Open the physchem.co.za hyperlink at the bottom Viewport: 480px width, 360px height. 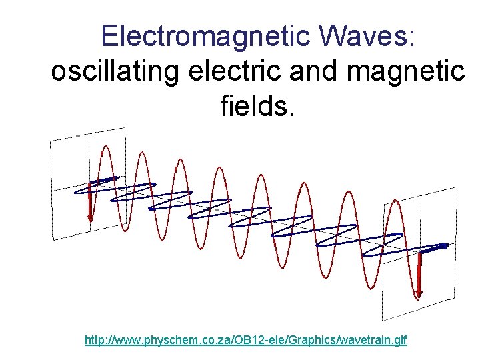click(245, 340)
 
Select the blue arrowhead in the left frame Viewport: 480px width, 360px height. click(113, 178)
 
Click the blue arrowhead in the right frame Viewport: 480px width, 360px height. click(443, 247)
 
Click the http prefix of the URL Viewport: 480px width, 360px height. click(95, 340)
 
